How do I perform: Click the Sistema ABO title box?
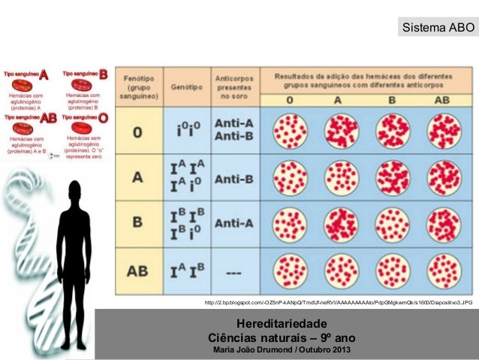click(438, 29)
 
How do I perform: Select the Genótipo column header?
click(185, 86)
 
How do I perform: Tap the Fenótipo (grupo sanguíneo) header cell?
click(138, 86)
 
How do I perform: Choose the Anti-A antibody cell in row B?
click(233, 224)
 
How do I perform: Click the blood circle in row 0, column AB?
click(444, 132)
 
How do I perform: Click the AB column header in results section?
click(443, 99)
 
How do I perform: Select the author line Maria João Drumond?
click(282, 349)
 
